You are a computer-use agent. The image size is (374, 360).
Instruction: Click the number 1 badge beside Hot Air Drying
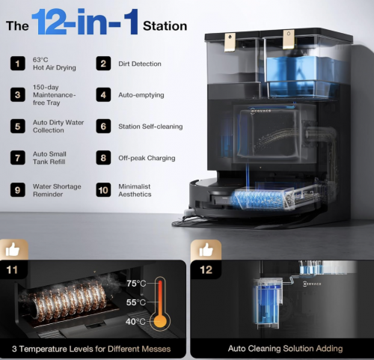18,64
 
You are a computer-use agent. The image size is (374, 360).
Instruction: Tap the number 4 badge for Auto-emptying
103,95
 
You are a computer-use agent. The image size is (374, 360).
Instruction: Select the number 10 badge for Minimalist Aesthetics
103,190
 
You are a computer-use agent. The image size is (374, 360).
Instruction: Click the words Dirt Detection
140,64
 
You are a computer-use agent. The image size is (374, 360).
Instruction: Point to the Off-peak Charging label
147,158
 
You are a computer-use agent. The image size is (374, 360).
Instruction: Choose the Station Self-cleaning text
150,126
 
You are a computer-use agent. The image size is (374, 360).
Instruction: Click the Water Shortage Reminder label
57,190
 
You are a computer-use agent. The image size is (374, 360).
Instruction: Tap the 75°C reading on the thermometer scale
136,284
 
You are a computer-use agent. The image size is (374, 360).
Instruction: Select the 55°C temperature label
136,302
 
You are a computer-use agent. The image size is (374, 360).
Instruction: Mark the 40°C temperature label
135,322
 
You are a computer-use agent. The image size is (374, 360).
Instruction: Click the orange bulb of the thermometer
160,321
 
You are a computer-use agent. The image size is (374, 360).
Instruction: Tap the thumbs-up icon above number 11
13,250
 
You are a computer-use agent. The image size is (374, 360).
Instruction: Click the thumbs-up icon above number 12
206,250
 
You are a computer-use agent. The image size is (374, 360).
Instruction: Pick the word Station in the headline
165,26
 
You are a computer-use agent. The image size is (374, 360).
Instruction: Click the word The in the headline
17,26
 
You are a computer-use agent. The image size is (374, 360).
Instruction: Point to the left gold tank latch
230,42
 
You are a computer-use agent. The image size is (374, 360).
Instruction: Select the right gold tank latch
289,40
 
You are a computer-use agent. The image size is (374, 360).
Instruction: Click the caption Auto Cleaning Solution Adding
285,349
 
